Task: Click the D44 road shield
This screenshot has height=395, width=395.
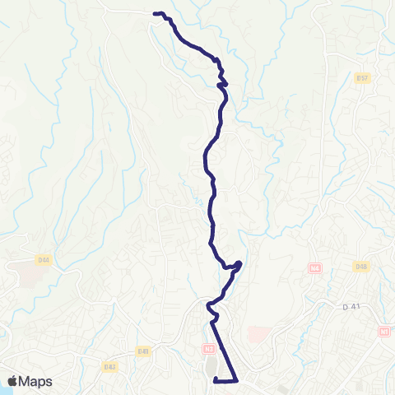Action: [x=44, y=260]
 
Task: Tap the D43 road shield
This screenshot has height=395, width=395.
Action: [x=109, y=366]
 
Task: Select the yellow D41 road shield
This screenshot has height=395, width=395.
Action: [x=143, y=351]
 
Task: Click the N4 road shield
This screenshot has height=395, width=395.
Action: [x=314, y=268]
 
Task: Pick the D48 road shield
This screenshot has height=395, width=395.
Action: [x=360, y=266]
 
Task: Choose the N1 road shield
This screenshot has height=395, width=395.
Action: [x=384, y=331]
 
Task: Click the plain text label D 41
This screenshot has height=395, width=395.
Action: [x=351, y=306]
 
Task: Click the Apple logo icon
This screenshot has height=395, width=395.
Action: [x=13, y=381]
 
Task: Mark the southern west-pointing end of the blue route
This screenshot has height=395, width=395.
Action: [x=215, y=380]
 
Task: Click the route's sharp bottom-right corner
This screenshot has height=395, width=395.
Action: [x=237, y=380]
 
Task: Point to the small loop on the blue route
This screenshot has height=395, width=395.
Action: [x=236, y=265]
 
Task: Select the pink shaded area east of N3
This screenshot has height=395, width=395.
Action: [x=258, y=334]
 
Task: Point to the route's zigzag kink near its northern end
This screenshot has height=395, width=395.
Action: [x=221, y=83]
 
